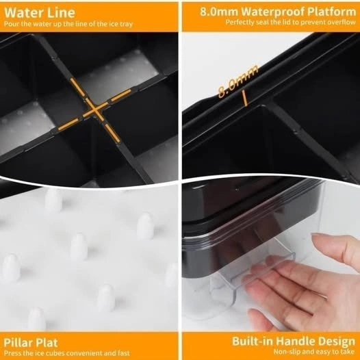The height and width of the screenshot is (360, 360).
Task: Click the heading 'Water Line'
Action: (40, 12)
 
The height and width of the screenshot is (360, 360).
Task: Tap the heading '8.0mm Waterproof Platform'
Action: (278, 12)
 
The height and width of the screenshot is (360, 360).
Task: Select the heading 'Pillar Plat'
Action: (31, 343)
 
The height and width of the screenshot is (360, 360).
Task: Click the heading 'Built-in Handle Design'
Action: (294, 341)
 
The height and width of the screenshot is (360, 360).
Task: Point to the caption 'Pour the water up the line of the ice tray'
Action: (68, 24)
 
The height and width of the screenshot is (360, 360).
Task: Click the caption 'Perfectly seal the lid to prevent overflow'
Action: (290, 23)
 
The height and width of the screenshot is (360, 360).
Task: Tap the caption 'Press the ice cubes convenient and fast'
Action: (67, 352)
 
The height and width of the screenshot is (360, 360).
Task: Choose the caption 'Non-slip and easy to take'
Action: (314, 352)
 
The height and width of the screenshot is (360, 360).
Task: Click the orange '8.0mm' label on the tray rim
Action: (238, 81)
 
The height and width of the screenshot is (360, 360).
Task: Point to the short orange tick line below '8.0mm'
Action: (245, 99)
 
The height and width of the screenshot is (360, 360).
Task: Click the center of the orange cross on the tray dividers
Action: (95, 110)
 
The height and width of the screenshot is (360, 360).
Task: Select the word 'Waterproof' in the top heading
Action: (272, 12)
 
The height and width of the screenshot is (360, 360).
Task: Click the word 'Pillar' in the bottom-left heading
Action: (18, 343)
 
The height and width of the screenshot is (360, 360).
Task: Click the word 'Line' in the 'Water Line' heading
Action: (62, 12)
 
